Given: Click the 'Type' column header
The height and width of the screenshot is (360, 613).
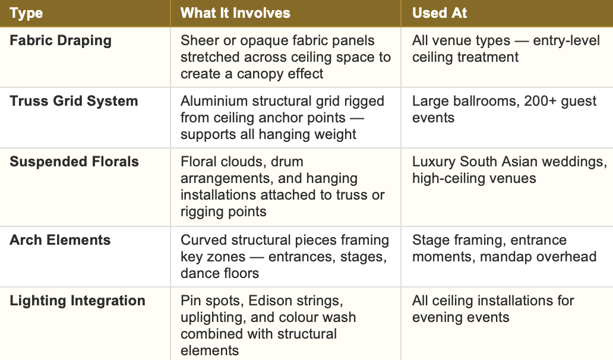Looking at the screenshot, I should (x=27, y=13).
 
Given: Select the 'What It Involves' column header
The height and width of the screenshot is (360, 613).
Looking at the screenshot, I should (x=235, y=13).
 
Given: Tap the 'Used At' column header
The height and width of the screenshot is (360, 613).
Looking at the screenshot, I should (x=440, y=13).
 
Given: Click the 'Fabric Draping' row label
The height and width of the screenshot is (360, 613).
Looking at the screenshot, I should (x=61, y=41).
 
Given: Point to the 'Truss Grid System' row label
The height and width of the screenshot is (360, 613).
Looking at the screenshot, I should (x=74, y=101).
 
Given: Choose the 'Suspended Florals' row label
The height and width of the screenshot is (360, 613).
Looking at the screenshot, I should (x=74, y=162).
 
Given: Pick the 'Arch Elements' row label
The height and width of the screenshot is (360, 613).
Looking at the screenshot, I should (x=60, y=240).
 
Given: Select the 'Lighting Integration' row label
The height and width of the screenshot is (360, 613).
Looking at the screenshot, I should (x=77, y=301).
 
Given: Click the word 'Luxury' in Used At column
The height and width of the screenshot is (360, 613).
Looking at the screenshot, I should (x=435, y=162).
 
